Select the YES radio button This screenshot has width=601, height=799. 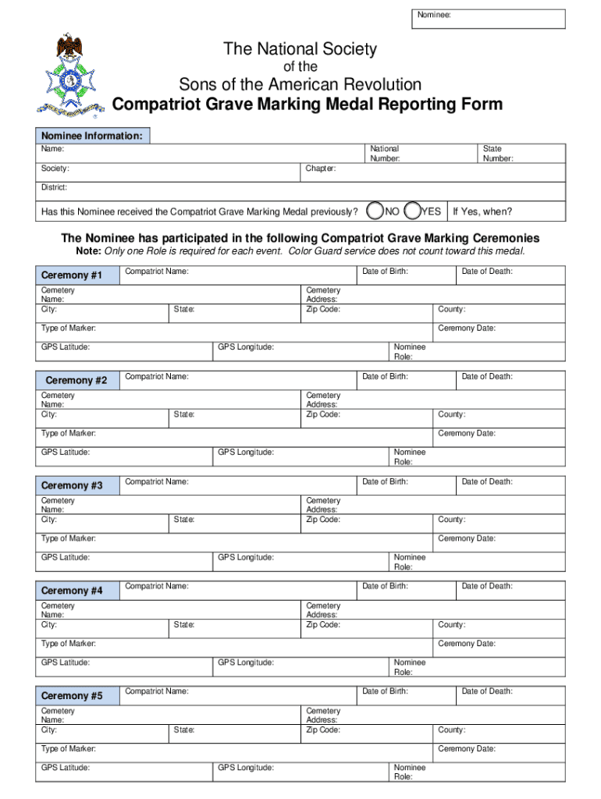tap(414, 211)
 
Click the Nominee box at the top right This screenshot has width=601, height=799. tap(489, 19)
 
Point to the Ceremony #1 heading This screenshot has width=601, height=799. tap(72, 275)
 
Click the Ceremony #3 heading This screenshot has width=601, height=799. tap(72, 485)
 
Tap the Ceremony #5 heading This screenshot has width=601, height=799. tap(72, 696)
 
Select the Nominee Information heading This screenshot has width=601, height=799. tap(92, 136)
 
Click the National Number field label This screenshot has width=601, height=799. tap(385, 153)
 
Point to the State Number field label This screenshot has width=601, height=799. tap(498, 153)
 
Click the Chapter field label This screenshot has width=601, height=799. tap(321, 169)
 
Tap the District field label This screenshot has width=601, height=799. tap(54, 187)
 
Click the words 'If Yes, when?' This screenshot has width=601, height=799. tap(482, 211)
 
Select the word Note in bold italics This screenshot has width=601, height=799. tap(87, 251)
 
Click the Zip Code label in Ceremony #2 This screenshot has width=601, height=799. tap(323, 414)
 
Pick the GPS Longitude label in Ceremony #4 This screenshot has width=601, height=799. tap(246, 662)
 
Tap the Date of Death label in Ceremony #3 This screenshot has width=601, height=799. tap(487, 481)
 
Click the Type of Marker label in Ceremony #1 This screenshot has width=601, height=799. tap(69, 328)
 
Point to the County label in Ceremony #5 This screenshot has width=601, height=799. tap(452, 730)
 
